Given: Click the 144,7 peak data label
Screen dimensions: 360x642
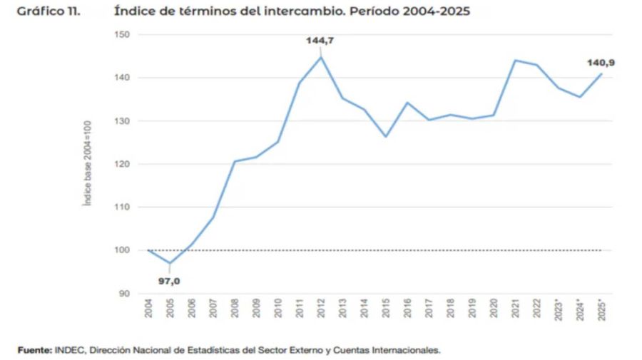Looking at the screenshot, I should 320,41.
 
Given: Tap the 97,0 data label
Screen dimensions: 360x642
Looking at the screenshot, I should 169,281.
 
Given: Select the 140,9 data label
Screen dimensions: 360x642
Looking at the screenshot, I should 601,63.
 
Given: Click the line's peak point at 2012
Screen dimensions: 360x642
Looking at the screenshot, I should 320,57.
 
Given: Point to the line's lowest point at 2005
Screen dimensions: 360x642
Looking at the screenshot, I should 169,263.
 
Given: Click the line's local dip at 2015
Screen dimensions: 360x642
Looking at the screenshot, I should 385,136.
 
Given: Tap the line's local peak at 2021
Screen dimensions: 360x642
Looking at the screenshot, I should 514,60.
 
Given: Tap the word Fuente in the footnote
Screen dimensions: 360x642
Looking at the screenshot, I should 33,349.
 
